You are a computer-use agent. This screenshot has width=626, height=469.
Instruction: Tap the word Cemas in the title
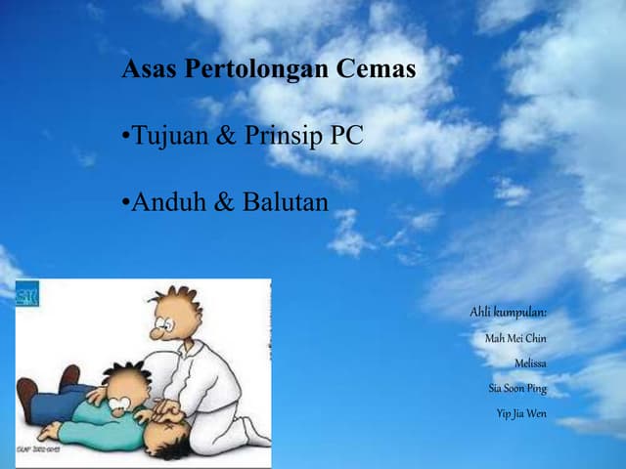[x=376, y=70]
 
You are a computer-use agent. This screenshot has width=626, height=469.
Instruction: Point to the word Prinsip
[x=283, y=136]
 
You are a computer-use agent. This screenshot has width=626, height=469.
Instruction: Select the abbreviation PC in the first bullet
[x=346, y=136]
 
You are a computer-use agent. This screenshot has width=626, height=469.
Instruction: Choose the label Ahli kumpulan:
[x=508, y=312]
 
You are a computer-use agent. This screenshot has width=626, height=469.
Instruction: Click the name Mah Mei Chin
[x=515, y=338]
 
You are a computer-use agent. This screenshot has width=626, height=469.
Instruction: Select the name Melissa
[x=530, y=363]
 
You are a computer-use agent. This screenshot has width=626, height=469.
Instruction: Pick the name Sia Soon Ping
[x=517, y=388]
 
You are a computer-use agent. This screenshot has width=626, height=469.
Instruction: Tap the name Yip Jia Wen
[x=521, y=413]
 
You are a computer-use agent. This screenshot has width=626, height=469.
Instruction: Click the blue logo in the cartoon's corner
[x=27, y=294]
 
